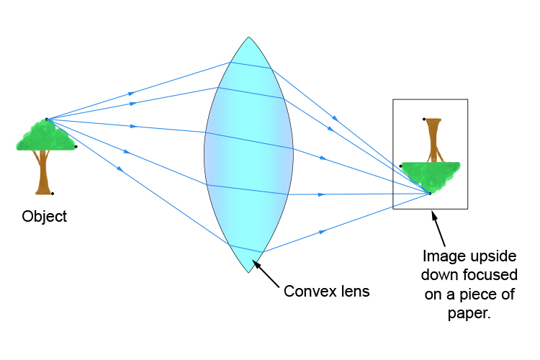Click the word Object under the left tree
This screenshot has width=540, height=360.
point(45,217)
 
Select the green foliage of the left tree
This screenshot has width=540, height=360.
point(45,137)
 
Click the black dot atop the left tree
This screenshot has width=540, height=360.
point(46,120)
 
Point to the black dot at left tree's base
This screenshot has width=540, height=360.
point(53,193)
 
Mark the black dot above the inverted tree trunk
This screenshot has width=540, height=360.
point(424,119)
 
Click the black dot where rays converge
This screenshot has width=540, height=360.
point(430,193)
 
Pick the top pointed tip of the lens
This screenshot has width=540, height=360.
point(248,37)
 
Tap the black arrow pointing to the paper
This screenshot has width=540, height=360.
point(437,229)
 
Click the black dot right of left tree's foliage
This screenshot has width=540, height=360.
point(76,146)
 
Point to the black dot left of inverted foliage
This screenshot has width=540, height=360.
point(401,166)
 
